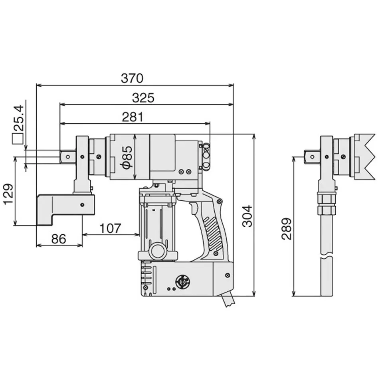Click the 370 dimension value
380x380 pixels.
132,78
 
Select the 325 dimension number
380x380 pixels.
143,98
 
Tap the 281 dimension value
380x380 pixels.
133,117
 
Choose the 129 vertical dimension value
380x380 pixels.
9,194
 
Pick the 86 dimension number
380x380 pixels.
59,239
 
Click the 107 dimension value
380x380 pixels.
110,228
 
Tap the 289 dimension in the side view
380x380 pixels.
287,229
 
